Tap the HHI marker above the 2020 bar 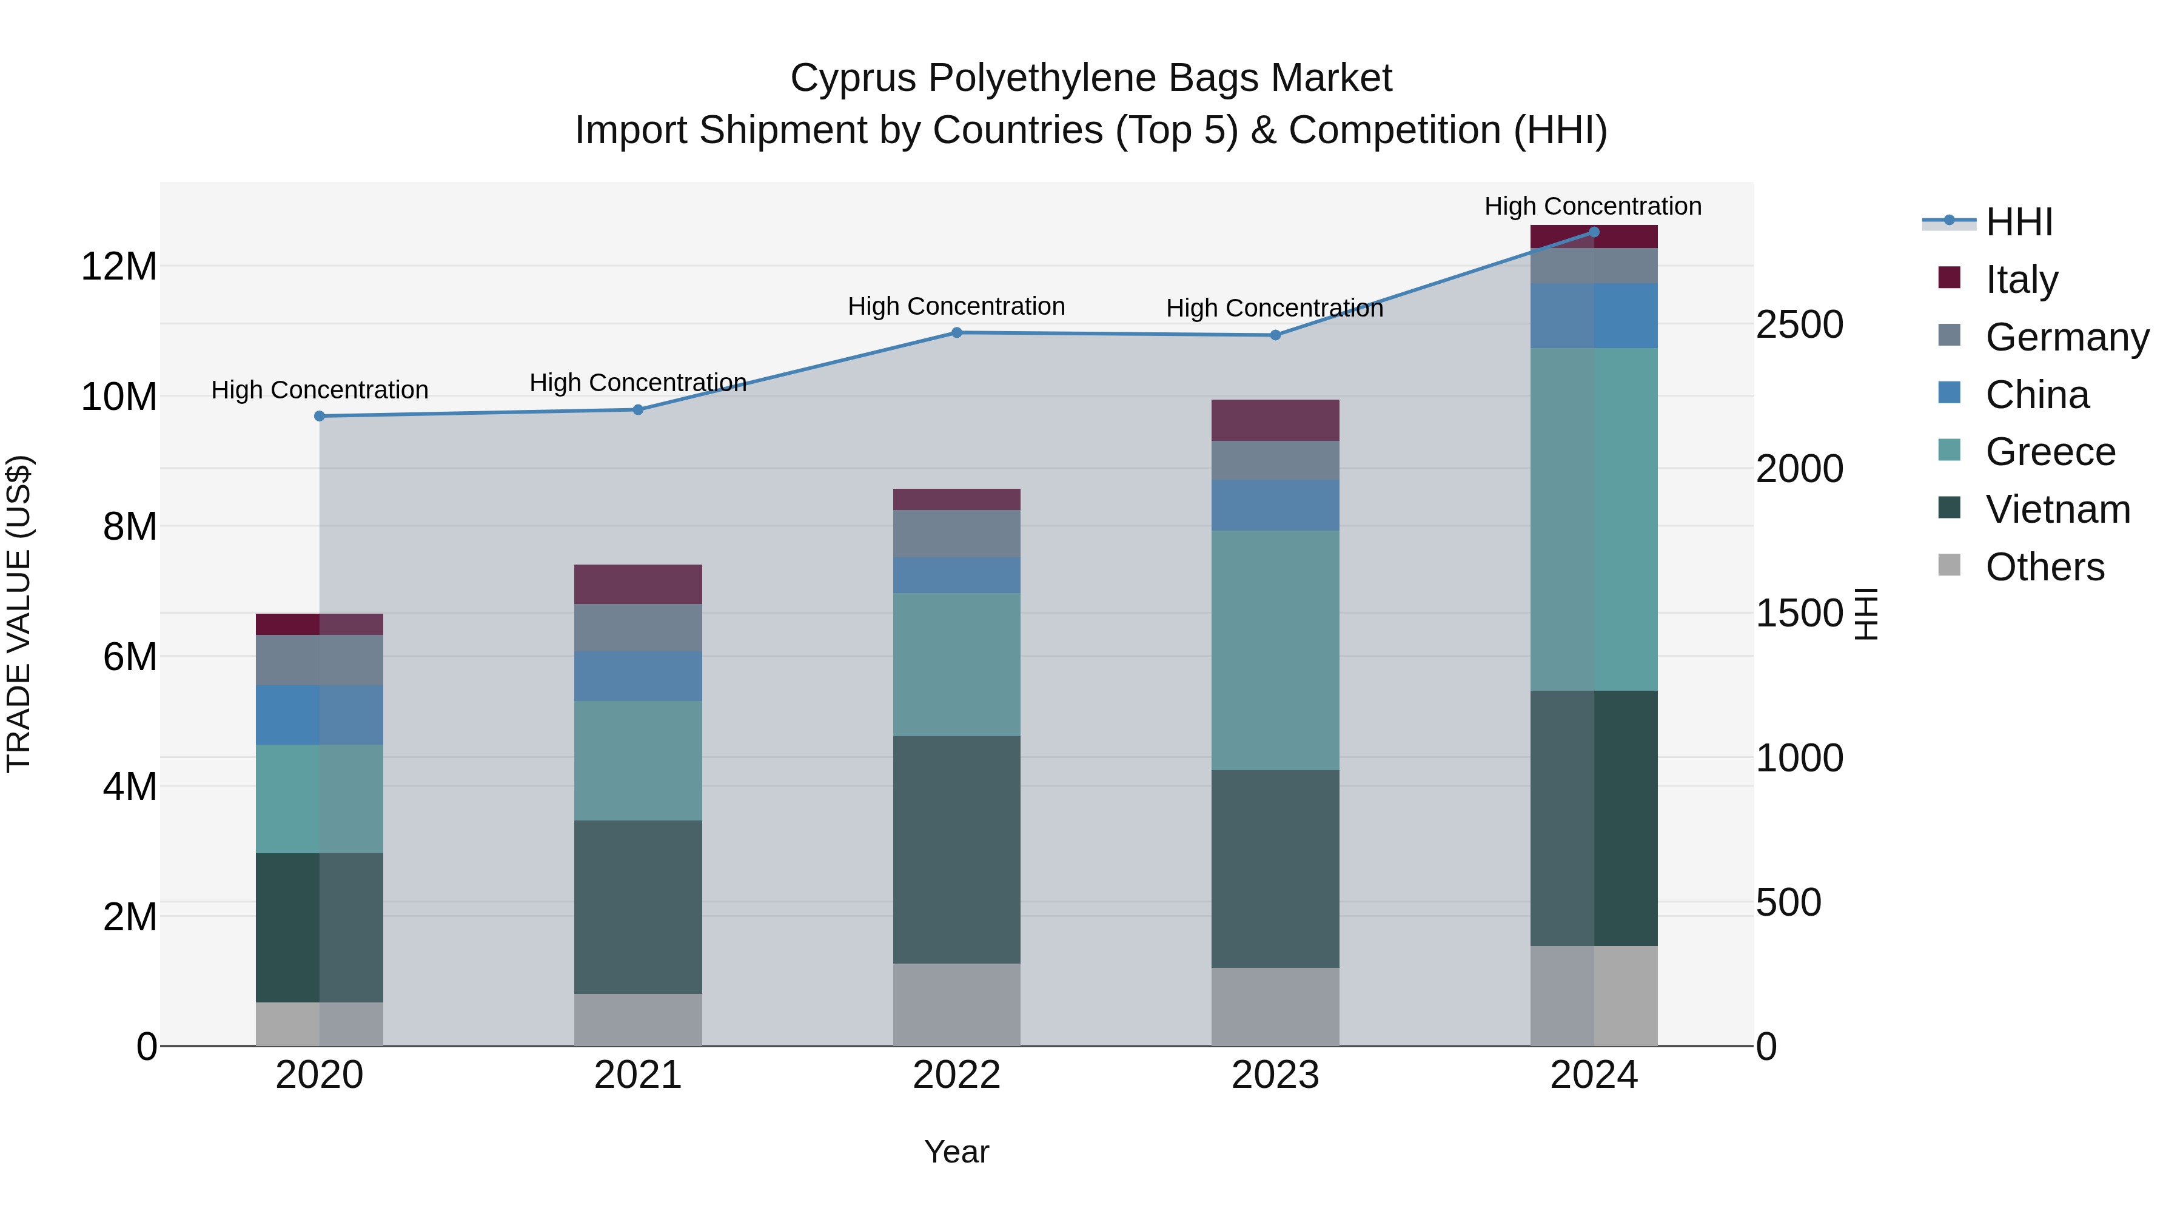click(320, 416)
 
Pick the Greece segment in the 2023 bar click(1275, 650)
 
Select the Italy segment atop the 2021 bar click(637, 584)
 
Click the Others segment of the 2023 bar click(1275, 1006)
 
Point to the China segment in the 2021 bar click(637, 676)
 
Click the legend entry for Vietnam click(2057, 509)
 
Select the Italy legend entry click(2021, 280)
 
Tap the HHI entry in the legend click(2019, 222)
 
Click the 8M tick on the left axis click(129, 527)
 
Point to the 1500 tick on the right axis click(1799, 614)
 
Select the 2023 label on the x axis click(1275, 1075)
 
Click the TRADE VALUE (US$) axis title click(19, 614)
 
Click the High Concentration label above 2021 click(637, 383)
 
